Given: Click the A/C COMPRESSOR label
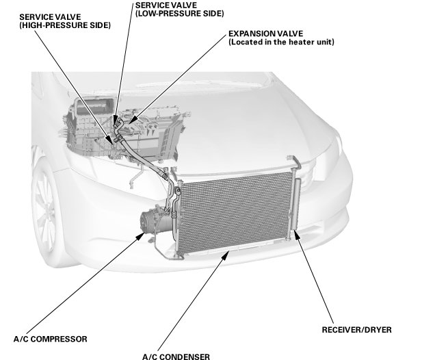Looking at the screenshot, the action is (x=51, y=339).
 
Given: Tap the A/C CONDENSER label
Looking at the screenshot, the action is (x=176, y=356).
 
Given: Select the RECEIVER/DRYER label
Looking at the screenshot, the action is (x=356, y=330).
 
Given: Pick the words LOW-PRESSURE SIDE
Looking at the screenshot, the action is (x=180, y=14).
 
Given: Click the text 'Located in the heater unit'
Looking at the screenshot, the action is (x=281, y=42).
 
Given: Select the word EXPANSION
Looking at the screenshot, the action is (x=248, y=33).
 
